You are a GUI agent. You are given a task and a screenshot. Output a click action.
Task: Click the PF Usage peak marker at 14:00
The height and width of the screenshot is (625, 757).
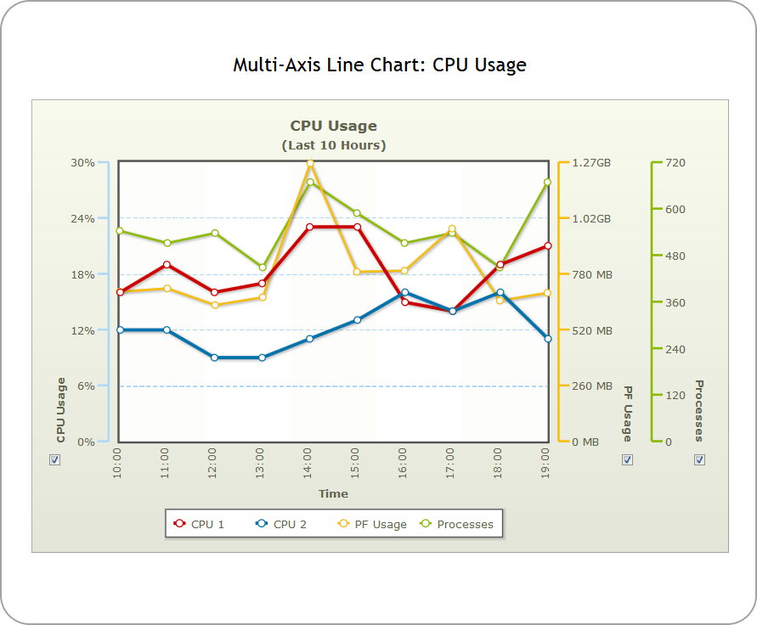tap(310, 162)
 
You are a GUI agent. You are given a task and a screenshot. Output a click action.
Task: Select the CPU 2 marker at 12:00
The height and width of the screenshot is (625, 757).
tap(215, 358)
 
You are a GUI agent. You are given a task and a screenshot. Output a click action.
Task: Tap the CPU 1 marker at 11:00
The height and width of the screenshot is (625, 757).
tap(167, 264)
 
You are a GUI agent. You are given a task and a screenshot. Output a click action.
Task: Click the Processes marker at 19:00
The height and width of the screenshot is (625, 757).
tap(547, 182)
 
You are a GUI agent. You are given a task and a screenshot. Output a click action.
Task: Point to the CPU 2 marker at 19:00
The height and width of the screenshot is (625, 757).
tap(547, 339)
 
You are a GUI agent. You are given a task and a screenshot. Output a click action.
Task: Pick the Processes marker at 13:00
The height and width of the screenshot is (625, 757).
tap(263, 267)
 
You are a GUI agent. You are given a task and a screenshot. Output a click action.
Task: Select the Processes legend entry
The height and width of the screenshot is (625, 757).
tap(457, 524)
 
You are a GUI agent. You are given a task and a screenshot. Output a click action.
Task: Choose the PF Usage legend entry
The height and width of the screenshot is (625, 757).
tap(372, 524)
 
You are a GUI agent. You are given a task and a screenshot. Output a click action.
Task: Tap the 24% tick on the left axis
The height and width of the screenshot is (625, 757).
tap(82, 218)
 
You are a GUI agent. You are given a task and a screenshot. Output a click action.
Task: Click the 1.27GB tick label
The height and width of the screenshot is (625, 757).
tap(591, 162)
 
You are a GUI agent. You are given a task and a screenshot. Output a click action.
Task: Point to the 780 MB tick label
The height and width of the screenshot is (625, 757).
tap(591, 274)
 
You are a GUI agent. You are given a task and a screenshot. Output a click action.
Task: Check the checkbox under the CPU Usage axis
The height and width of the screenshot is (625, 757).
tap(55, 459)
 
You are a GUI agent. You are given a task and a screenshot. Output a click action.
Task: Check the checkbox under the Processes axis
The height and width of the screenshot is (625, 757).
tap(699, 459)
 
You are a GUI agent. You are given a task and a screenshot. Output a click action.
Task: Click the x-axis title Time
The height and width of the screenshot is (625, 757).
tap(333, 493)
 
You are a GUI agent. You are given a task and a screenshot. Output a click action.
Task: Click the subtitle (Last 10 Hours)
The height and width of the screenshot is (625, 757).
tap(333, 145)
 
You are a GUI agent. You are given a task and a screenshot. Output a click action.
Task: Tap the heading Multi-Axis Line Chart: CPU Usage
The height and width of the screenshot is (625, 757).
tap(380, 65)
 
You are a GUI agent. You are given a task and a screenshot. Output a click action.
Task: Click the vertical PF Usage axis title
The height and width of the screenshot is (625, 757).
tap(627, 413)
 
